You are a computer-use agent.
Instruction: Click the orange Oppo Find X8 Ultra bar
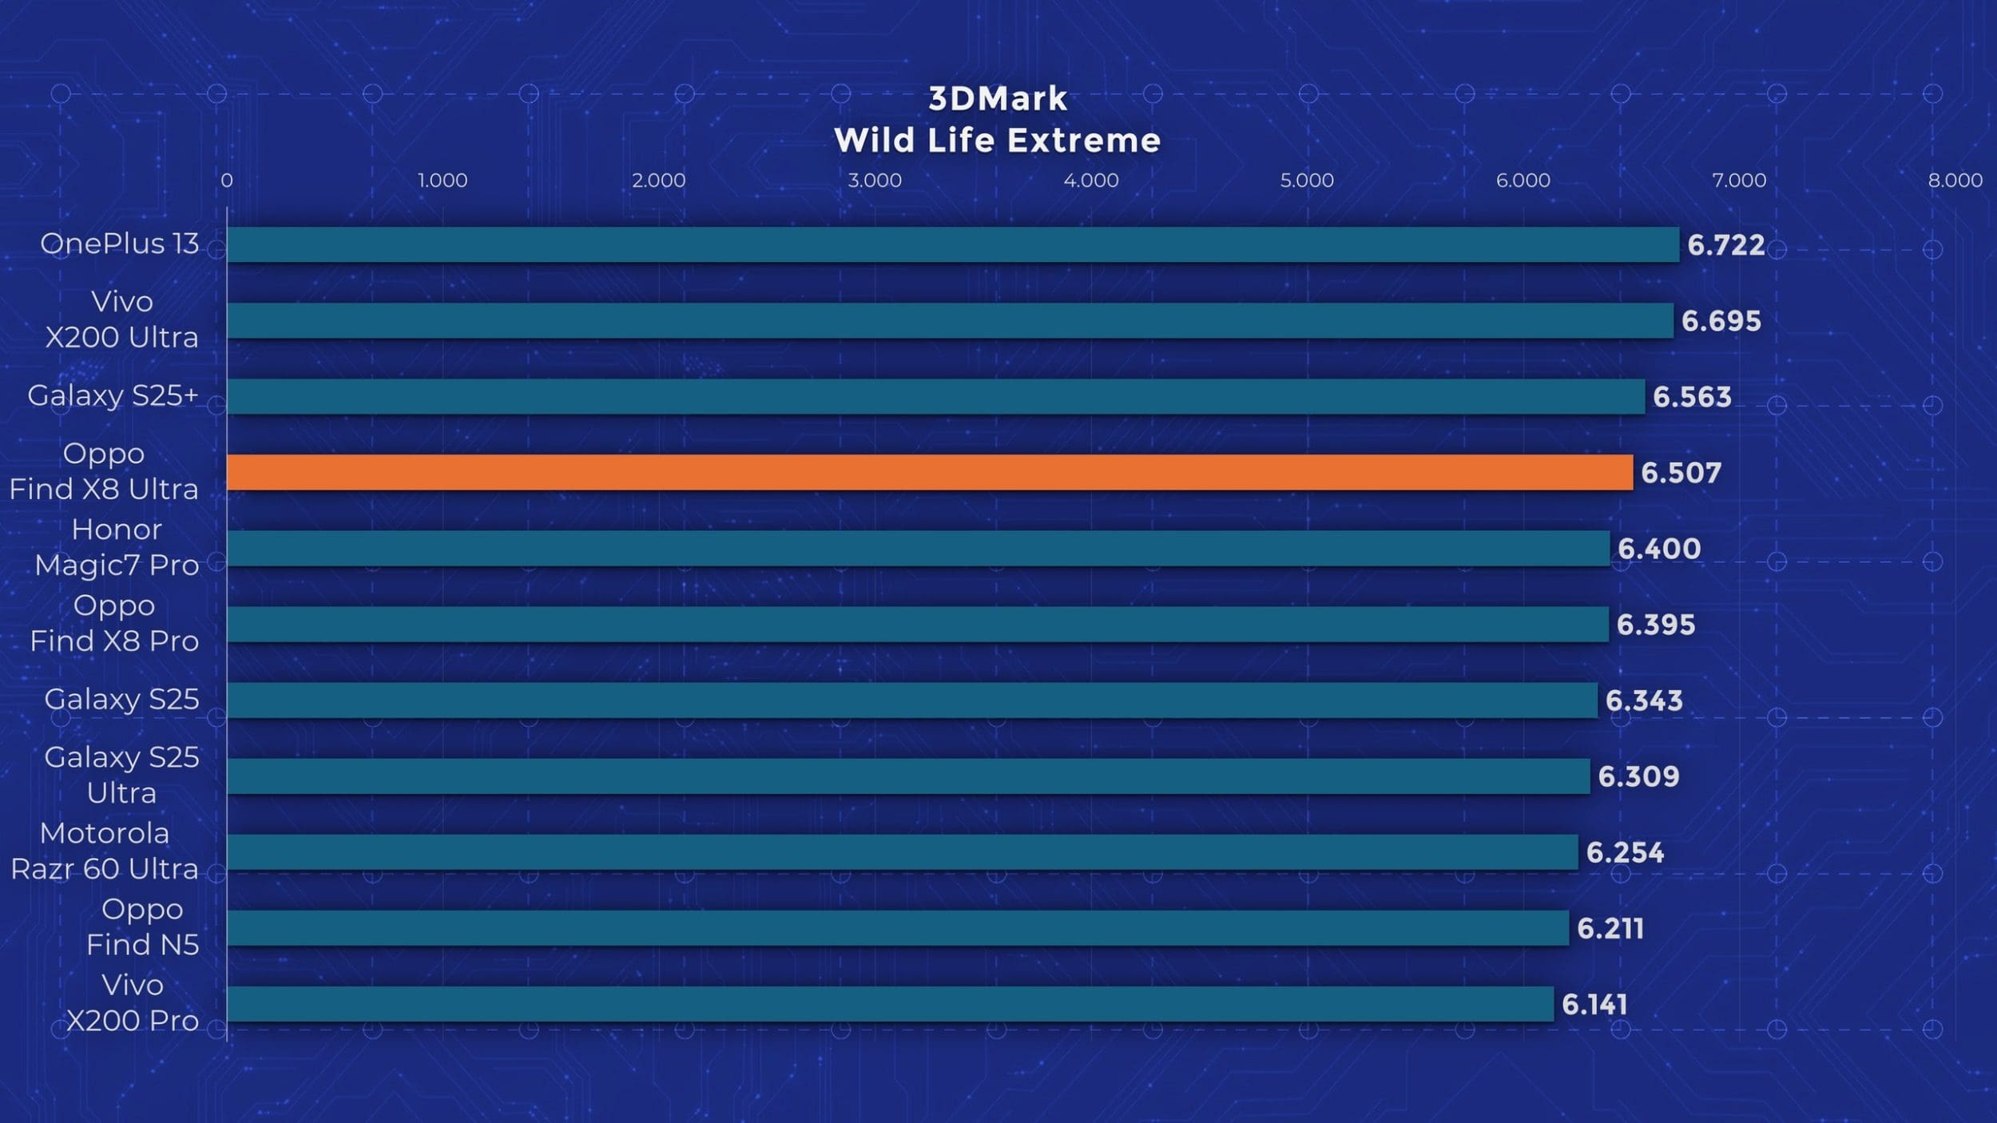click(x=929, y=472)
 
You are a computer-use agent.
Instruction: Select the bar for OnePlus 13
click(x=952, y=244)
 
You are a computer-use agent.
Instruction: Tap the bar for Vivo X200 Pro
click(x=890, y=1004)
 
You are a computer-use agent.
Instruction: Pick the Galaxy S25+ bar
click(x=935, y=396)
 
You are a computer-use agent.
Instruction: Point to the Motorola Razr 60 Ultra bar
click(x=902, y=852)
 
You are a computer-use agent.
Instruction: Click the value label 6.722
click(x=1725, y=245)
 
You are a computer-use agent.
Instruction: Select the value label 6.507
click(x=1681, y=473)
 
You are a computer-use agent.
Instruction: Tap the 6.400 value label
click(x=1659, y=549)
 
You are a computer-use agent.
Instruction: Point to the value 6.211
click(x=1610, y=928)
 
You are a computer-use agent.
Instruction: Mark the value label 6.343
click(x=1643, y=700)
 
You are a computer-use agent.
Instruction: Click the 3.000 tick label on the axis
click(x=874, y=181)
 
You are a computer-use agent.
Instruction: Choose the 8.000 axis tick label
click(x=1954, y=181)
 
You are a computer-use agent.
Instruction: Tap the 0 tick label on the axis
click(x=227, y=181)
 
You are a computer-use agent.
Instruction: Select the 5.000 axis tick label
click(x=1306, y=181)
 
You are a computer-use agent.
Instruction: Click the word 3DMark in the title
click(x=997, y=99)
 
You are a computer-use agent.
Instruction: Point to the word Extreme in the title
click(x=1083, y=141)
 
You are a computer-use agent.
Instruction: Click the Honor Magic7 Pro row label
click(x=117, y=547)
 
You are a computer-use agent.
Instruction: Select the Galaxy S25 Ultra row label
click(x=121, y=775)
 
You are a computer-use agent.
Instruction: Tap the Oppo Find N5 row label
click(x=142, y=927)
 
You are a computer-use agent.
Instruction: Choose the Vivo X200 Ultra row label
click(x=121, y=319)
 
